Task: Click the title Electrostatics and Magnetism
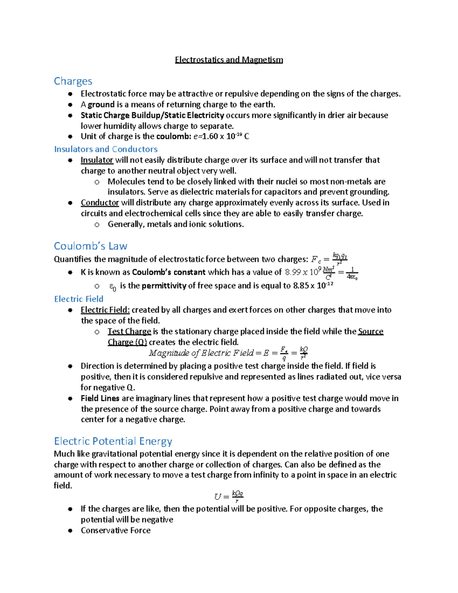[229, 60]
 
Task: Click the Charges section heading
[73, 81]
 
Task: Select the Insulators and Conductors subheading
[106, 149]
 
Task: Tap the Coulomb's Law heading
[90, 246]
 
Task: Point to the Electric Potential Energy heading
[113, 441]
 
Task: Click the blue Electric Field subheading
[79, 299]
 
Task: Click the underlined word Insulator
[97, 160]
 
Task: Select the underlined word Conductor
[100, 203]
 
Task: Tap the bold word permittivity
[164, 286]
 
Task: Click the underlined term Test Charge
[129, 331]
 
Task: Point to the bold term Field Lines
[100, 399]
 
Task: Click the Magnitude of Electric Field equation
[228, 353]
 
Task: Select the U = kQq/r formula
[229, 496]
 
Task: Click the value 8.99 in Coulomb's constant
[293, 272]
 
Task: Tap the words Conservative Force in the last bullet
[116, 531]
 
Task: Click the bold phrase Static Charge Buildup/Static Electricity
[152, 115]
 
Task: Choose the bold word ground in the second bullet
[101, 105]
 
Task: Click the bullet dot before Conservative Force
[70, 531]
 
